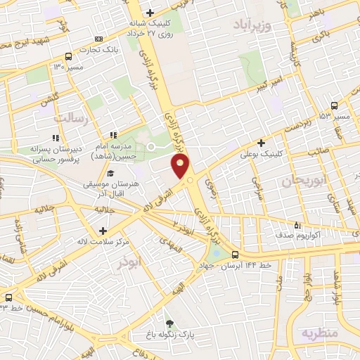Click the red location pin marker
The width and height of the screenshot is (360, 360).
pos(181,167)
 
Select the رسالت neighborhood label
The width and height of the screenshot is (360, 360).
pos(75,119)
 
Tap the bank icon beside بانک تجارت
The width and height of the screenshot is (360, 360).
pos(98,38)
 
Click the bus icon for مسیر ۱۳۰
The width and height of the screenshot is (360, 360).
pos(67,56)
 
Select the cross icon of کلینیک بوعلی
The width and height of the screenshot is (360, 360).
pos(261,141)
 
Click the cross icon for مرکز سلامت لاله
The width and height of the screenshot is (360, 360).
pos(103,230)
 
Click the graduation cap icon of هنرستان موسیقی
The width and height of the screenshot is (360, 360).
pos(110,173)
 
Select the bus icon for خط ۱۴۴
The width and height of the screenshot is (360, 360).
pos(235,255)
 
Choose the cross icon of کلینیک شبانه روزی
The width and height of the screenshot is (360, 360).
pos(150,13)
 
